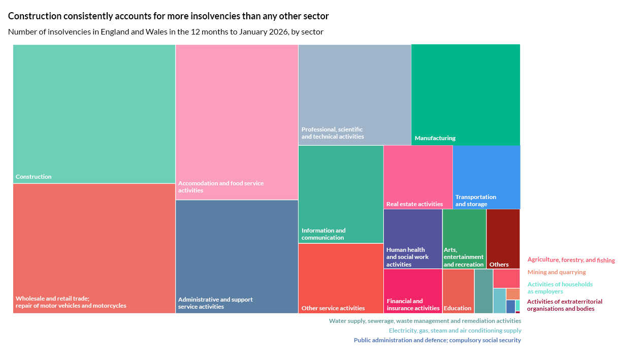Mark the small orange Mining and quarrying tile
click(x=512, y=294)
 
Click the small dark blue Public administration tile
click(x=510, y=306)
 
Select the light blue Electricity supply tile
click(x=499, y=301)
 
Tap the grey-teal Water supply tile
click(x=483, y=291)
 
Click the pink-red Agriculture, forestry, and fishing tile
click(x=506, y=278)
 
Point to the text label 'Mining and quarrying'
click(x=557, y=272)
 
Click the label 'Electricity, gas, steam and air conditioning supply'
click(x=454, y=331)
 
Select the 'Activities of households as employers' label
click(x=560, y=288)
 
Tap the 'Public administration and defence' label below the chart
click(x=437, y=340)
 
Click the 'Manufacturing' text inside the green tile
click(x=435, y=138)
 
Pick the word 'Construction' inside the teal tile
click(x=34, y=177)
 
